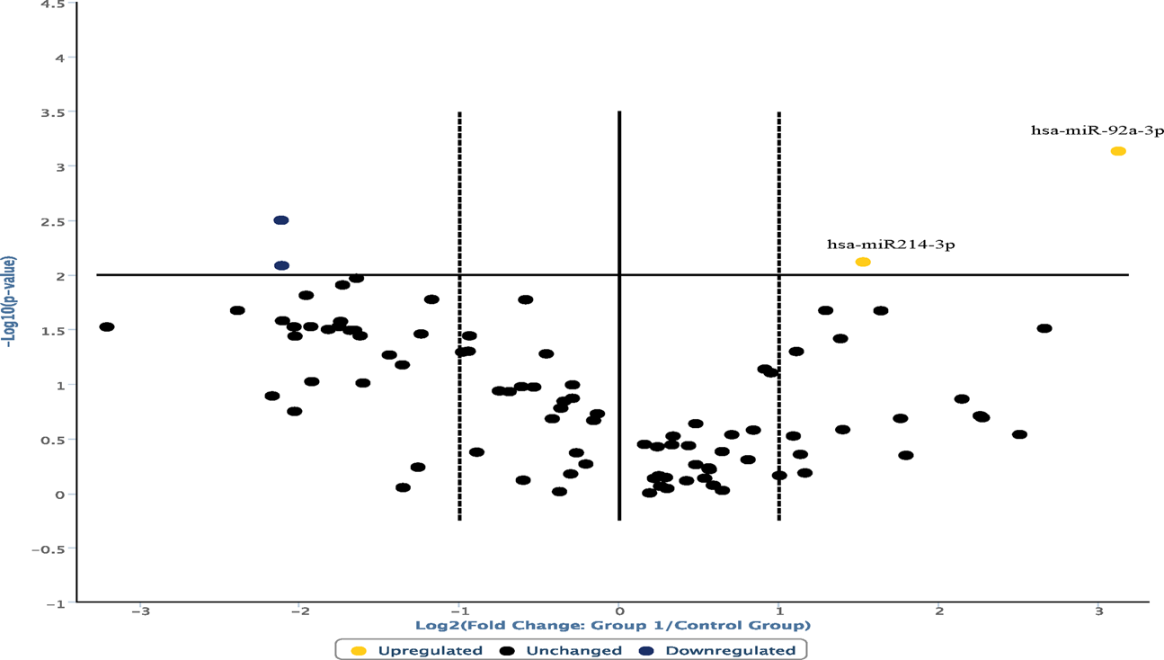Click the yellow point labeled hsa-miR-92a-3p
tap(1118, 151)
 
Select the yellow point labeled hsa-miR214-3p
tap(863, 262)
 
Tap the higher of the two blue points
tap(281, 220)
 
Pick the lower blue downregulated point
tap(281, 265)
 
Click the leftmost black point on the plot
tap(107, 326)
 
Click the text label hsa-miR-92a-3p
tap(1097, 130)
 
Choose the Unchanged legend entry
tap(562, 650)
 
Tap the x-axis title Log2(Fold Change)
tap(612, 625)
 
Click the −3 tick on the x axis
tap(139, 612)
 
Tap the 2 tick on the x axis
tap(938, 612)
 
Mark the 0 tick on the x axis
tap(619, 612)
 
